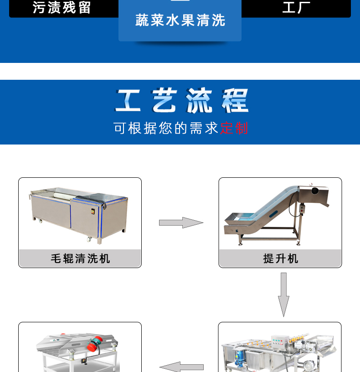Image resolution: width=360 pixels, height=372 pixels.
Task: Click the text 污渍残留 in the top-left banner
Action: coord(62,8)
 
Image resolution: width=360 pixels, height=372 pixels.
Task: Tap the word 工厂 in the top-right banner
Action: coord(296,8)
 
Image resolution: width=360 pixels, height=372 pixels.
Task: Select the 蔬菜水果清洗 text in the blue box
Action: coord(180,21)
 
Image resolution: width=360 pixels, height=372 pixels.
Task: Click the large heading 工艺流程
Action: coord(181,101)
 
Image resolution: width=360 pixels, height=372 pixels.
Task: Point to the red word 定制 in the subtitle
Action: coord(234,128)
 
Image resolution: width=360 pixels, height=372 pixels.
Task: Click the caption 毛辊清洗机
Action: coord(80,258)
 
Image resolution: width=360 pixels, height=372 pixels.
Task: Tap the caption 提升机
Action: coord(280,258)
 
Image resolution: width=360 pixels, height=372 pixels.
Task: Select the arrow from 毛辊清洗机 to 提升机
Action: coord(181,222)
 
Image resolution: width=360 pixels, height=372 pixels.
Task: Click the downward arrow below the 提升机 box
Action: coord(284,294)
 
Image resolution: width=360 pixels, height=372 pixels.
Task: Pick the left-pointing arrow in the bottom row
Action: coord(181,367)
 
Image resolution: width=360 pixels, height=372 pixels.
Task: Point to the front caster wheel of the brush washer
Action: coord(89,239)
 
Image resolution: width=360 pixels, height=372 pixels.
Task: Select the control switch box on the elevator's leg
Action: coord(301,209)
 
